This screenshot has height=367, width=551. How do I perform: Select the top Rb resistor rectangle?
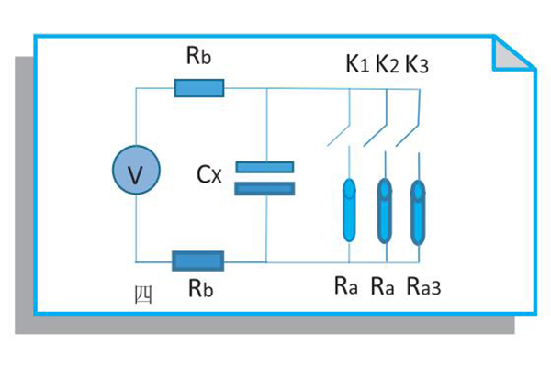tap(199, 88)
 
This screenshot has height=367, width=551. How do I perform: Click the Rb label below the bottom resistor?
tap(201, 288)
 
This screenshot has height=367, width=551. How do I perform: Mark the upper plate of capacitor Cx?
tap(264, 167)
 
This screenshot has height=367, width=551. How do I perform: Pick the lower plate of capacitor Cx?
tap(264, 188)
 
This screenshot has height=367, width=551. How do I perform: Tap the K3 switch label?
tap(418, 64)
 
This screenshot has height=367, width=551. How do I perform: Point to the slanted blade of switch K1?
tap(339, 135)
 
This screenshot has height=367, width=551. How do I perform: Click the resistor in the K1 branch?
tap(350, 209)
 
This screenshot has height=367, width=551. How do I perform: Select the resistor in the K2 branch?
tap(385, 209)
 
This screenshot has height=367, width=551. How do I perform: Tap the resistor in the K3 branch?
tap(418, 209)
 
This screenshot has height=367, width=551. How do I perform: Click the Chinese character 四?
tap(142, 295)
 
